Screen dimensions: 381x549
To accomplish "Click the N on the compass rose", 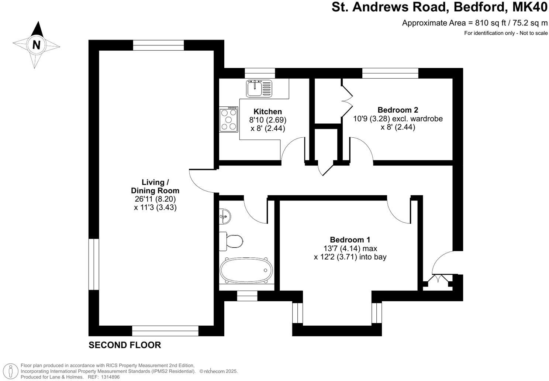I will pos(36,45).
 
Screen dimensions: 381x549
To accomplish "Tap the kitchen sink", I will pos(259,88).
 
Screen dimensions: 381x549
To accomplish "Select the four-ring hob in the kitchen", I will pos(229,119).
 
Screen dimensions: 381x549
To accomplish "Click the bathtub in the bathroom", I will pos(246,270).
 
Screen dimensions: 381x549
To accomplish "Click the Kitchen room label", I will pos(267,111).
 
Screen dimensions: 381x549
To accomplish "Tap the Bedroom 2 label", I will pos(398,110).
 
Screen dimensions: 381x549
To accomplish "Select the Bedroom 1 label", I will pos(350,240).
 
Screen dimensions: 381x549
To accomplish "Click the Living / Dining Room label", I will pos(155,186).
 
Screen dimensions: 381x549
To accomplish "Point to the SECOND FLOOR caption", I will pos(125,345).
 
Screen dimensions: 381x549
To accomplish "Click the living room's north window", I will pos(158,45).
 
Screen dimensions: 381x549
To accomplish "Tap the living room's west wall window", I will pos(94,264).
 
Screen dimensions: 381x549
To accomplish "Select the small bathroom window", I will pos(247,296).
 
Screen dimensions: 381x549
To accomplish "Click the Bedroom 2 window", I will pos(390,73).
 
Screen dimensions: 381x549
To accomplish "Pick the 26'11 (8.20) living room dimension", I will pos(155,199).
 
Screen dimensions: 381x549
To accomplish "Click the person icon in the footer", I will pos(12,370).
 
